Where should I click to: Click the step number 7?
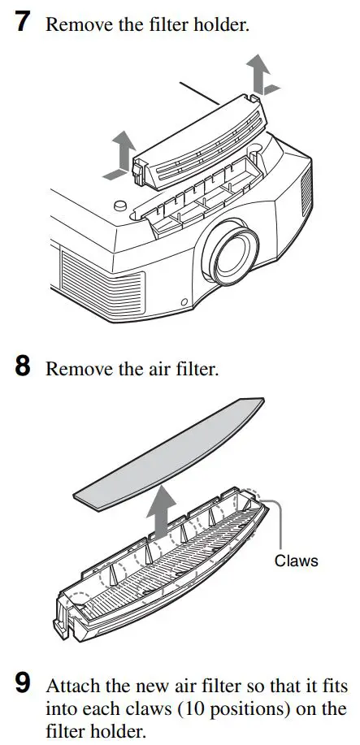[x=24, y=22]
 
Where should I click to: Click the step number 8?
[x=24, y=368]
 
